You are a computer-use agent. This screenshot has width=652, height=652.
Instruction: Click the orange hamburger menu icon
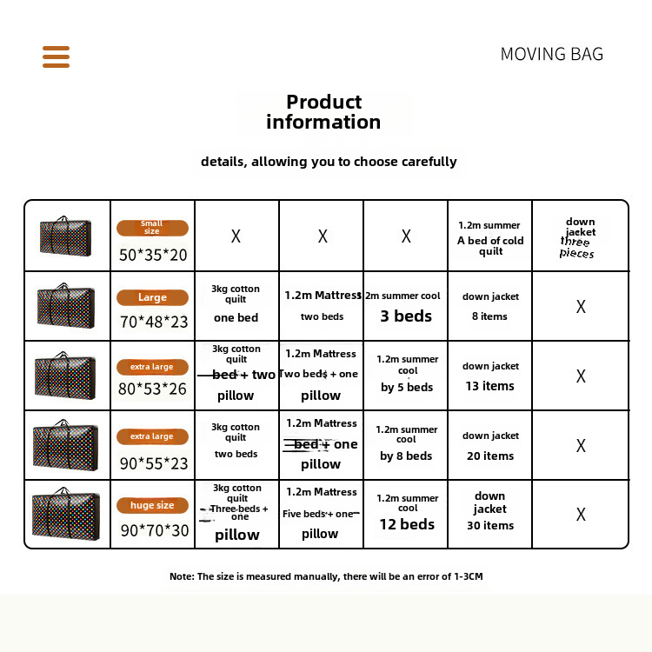56,57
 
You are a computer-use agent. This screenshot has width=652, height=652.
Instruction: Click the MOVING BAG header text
551,54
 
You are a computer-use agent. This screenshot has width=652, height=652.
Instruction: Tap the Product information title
323,112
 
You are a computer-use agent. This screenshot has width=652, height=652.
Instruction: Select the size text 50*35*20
153,255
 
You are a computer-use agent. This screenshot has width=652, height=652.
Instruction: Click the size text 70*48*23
153,322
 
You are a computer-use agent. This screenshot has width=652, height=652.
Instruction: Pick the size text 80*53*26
153,389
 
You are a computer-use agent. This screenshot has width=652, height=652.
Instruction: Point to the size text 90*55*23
153,460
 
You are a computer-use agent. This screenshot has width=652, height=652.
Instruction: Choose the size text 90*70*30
154,529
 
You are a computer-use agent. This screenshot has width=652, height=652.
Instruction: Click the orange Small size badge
152,228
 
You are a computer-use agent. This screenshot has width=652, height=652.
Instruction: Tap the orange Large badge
152,297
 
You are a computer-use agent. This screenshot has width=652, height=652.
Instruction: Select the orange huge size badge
152,505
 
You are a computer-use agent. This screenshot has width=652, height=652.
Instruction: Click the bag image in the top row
66,236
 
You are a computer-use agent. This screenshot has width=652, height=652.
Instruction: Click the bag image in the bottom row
66,513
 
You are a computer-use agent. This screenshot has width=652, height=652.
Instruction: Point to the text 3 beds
406,316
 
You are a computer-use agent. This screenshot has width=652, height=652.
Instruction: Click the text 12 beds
407,524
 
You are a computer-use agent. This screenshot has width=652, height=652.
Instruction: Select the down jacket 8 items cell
490,306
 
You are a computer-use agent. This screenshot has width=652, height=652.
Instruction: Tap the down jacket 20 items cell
490,446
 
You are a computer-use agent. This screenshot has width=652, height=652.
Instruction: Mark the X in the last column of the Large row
581,306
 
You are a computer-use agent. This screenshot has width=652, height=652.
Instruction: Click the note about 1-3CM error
326,576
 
